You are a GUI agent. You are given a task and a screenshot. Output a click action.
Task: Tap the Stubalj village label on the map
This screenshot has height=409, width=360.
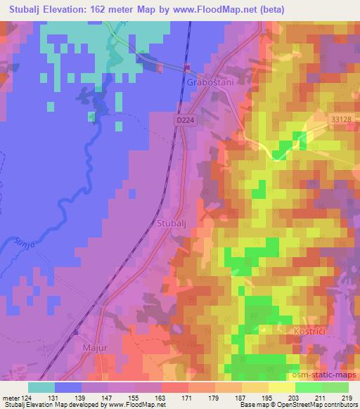pyautogui.click(x=169, y=224)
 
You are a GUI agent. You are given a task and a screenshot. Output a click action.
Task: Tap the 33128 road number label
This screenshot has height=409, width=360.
pyautogui.click(x=340, y=120)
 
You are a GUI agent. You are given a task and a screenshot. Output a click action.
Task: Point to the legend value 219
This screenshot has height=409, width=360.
pyautogui.click(x=346, y=398)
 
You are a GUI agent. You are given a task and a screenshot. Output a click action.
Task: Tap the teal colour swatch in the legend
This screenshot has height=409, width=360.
pyautogui.click(x=41, y=387)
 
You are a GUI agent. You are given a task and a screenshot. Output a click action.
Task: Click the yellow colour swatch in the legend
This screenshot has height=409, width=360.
pyautogui.click(x=281, y=387)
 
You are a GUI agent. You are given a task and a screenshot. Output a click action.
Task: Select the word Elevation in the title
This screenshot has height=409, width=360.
pyautogui.click(x=75, y=11)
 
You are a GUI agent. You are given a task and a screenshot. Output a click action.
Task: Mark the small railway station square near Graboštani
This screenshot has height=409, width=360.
pyautogui.click(x=187, y=67)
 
